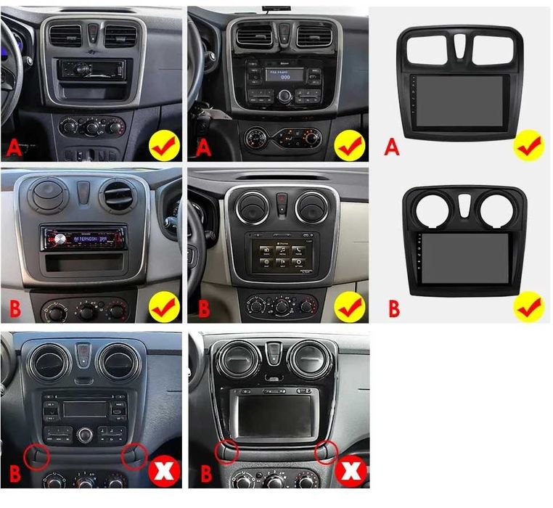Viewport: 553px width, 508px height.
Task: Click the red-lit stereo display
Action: point(83,237)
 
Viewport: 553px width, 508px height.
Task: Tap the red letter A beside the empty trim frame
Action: point(392,148)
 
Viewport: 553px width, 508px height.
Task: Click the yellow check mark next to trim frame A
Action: point(528,145)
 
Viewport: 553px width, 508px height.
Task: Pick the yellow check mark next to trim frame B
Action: point(528,307)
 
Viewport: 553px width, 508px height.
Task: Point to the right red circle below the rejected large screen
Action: point(327,454)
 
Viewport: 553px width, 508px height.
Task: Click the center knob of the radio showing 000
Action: point(284,96)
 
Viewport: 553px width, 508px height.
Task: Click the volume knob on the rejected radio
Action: point(86,435)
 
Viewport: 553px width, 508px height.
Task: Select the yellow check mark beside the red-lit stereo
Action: point(164,308)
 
